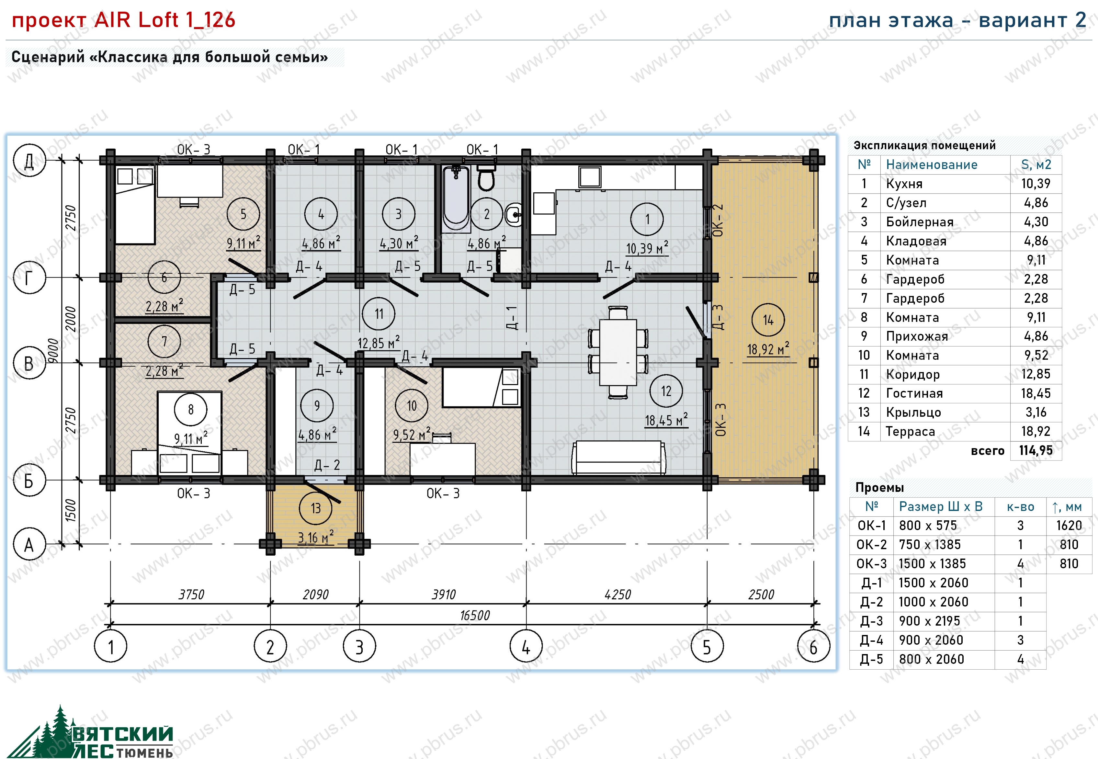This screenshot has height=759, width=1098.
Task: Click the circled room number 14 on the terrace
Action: coord(768,320)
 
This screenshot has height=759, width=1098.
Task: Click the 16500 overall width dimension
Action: coord(475,615)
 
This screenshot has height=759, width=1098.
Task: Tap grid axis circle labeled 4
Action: coord(526,646)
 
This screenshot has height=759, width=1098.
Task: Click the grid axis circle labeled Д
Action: coord(29,160)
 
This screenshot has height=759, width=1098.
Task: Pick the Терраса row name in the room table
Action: coord(910,431)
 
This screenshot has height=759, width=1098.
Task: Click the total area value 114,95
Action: coord(1036,450)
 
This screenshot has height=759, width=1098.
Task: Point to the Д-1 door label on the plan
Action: coord(512,318)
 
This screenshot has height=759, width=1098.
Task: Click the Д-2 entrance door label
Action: coord(327,465)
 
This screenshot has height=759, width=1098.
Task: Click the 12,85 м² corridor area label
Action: coord(379,342)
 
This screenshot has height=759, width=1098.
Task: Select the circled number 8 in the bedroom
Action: coord(191,409)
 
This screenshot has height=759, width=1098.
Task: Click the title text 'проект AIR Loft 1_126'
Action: coord(124,20)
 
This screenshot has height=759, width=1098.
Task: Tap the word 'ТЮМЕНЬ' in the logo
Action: coord(144,752)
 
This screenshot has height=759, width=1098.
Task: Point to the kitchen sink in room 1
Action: coord(590,177)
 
